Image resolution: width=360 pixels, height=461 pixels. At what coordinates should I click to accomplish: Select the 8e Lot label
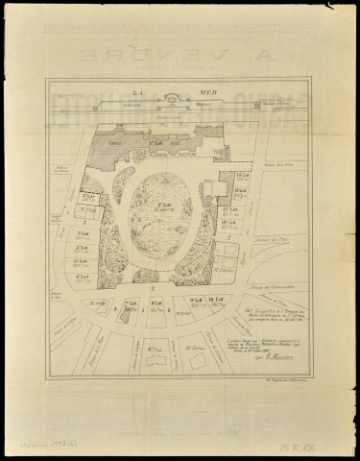[x=156, y=309]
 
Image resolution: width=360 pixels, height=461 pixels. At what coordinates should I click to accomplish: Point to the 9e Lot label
[x=197, y=309]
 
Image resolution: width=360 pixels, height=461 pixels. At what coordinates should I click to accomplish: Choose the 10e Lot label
[x=218, y=309]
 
